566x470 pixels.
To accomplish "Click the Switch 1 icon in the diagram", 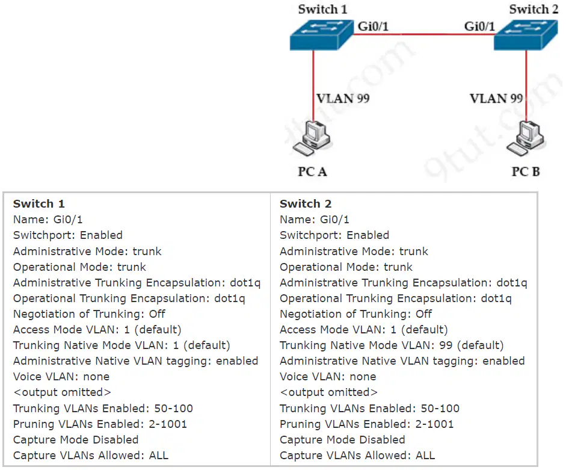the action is click(321, 35).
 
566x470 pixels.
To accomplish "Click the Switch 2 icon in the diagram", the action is click(526, 35).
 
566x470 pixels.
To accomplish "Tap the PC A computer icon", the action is click(312, 139).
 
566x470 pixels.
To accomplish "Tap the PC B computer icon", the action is click(525, 139).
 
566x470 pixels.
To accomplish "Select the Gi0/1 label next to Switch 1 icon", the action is click(373, 26).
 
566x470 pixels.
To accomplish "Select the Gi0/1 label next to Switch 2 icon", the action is click(479, 26).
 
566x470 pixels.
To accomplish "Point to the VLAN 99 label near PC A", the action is click(343, 98).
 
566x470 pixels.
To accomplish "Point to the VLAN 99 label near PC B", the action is click(496, 98).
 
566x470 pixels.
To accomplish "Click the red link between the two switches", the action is click(424, 34).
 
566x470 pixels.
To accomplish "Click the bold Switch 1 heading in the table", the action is click(39, 204).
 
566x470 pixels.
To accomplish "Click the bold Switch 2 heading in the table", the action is click(306, 204).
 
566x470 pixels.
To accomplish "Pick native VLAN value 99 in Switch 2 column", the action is click(446, 345).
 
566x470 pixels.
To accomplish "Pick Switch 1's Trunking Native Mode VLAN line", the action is click(122, 345).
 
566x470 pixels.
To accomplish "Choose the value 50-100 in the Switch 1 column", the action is click(174, 408).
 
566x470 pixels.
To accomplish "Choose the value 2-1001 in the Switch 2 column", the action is click(435, 424).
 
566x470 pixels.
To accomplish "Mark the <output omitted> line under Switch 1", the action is click(62, 392).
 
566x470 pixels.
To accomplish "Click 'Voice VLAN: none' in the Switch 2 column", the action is click(328, 377).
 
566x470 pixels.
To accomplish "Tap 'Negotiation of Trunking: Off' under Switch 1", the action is click(89, 314).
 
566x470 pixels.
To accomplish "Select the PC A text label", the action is click(313, 172).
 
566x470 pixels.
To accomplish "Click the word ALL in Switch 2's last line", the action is click(425, 456).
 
